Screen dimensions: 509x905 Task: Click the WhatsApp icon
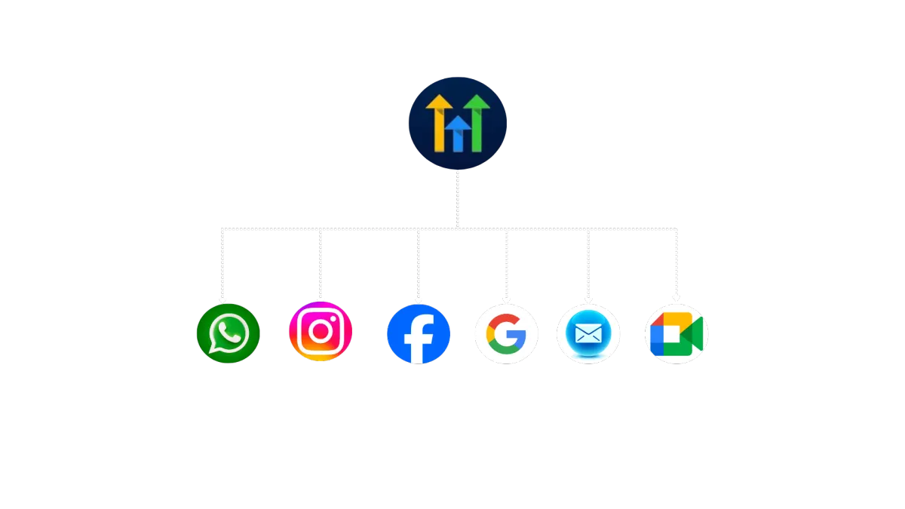tap(228, 333)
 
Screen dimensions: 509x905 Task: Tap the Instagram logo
tap(321, 332)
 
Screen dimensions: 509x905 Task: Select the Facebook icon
tap(419, 334)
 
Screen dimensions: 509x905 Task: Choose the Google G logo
tap(505, 333)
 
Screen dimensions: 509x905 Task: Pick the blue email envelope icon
tap(588, 333)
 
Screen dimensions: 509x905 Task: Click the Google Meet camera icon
tap(676, 333)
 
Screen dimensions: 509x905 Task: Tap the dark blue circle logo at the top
tap(457, 123)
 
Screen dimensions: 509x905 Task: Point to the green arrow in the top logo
tap(477, 121)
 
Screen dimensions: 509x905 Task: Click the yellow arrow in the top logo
tap(438, 121)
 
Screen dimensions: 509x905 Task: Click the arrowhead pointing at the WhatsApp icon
tap(222, 299)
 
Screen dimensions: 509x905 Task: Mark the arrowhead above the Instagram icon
tap(321, 299)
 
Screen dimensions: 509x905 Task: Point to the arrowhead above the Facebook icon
tap(419, 299)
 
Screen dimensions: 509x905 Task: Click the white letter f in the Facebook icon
tap(419, 339)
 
